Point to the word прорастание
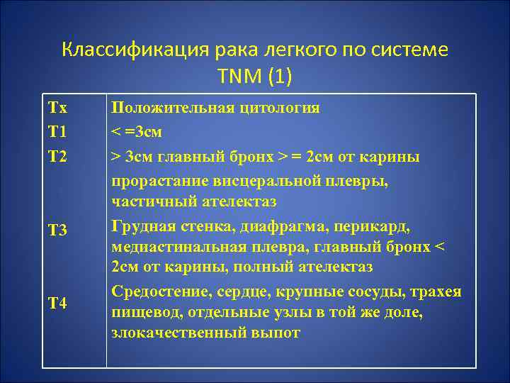[159, 180]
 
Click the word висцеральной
[261, 180]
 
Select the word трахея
[438, 292]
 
